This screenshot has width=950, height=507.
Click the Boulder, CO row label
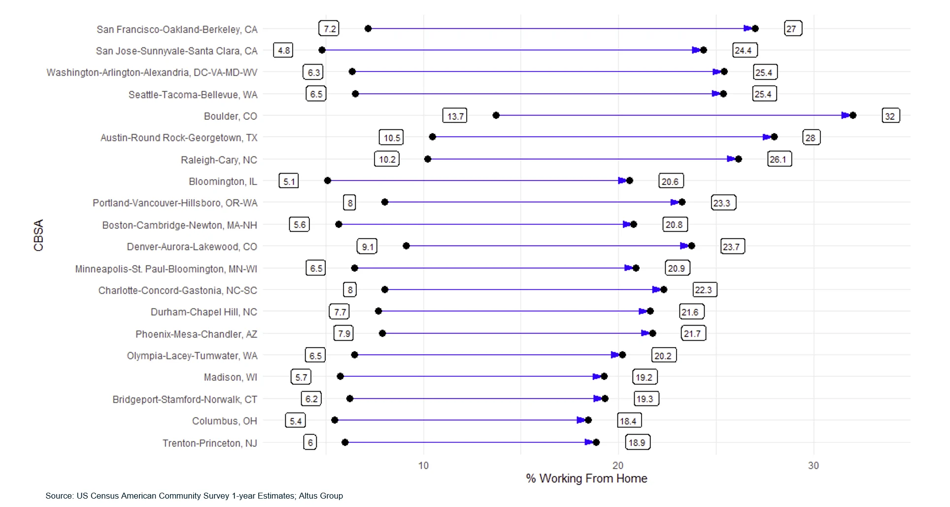click(x=230, y=116)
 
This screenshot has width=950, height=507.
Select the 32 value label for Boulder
click(x=890, y=116)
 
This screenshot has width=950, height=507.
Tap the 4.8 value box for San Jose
click(x=284, y=50)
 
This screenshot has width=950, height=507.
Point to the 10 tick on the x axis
click(x=423, y=465)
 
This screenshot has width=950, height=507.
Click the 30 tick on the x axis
click(x=813, y=465)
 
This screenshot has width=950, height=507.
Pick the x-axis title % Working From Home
click(x=586, y=478)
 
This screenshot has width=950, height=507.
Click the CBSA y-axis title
click(x=38, y=235)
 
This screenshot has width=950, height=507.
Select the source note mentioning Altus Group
click(x=194, y=496)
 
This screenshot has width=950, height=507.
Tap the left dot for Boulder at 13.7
click(x=496, y=115)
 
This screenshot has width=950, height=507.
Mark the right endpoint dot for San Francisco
click(x=755, y=29)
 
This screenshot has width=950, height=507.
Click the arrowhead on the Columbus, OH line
click(x=580, y=420)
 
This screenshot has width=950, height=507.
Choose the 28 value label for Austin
click(x=811, y=138)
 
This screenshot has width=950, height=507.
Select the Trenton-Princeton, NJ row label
click(x=210, y=443)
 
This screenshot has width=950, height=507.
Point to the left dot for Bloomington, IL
click(x=328, y=181)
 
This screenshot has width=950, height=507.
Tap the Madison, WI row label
click(x=231, y=377)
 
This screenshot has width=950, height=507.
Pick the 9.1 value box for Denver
click(x=367, y=246)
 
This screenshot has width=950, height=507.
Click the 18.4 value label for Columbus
click(x=629, y=421)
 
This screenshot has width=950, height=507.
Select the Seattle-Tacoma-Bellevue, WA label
click(x=193, y=94)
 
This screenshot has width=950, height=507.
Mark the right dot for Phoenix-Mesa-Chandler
click(x=653, y=333)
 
